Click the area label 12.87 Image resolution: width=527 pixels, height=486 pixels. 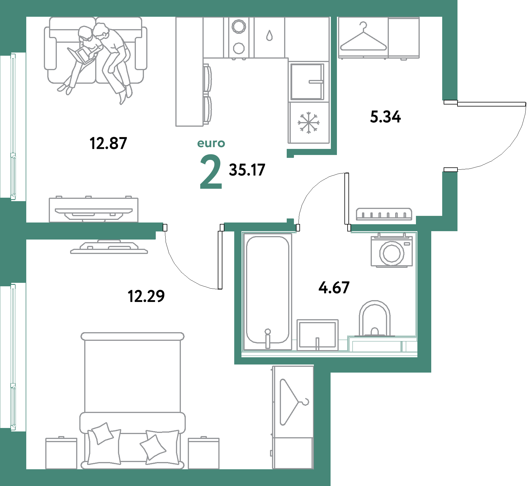click(x=108, y=143)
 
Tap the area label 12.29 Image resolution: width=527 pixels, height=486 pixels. click(x=146, y=296)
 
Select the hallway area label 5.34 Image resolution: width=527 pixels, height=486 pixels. click(x=385, y=117)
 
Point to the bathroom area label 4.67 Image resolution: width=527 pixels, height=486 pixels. click(x=334, y=287)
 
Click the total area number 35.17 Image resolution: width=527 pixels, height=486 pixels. click(x=247, y=170)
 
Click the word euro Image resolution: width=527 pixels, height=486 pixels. click(x=211, y=143)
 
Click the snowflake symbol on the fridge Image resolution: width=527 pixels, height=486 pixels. click(x=309, y=123)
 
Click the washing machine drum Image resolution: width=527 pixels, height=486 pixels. click(x=392, y=253)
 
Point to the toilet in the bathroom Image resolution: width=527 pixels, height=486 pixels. click(x=375, y=319)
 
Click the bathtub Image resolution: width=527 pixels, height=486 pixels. click(x=267, y=291)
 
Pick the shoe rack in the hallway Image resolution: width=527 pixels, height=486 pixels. click(x=384, y=214)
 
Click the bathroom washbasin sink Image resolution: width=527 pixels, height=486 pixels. click(x=317, y=335)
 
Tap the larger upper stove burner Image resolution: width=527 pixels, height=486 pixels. click(x=239, y=26)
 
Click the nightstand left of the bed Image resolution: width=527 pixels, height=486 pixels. click(x=61, y=453)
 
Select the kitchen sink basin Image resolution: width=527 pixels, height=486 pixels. click(x=307, y=81)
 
